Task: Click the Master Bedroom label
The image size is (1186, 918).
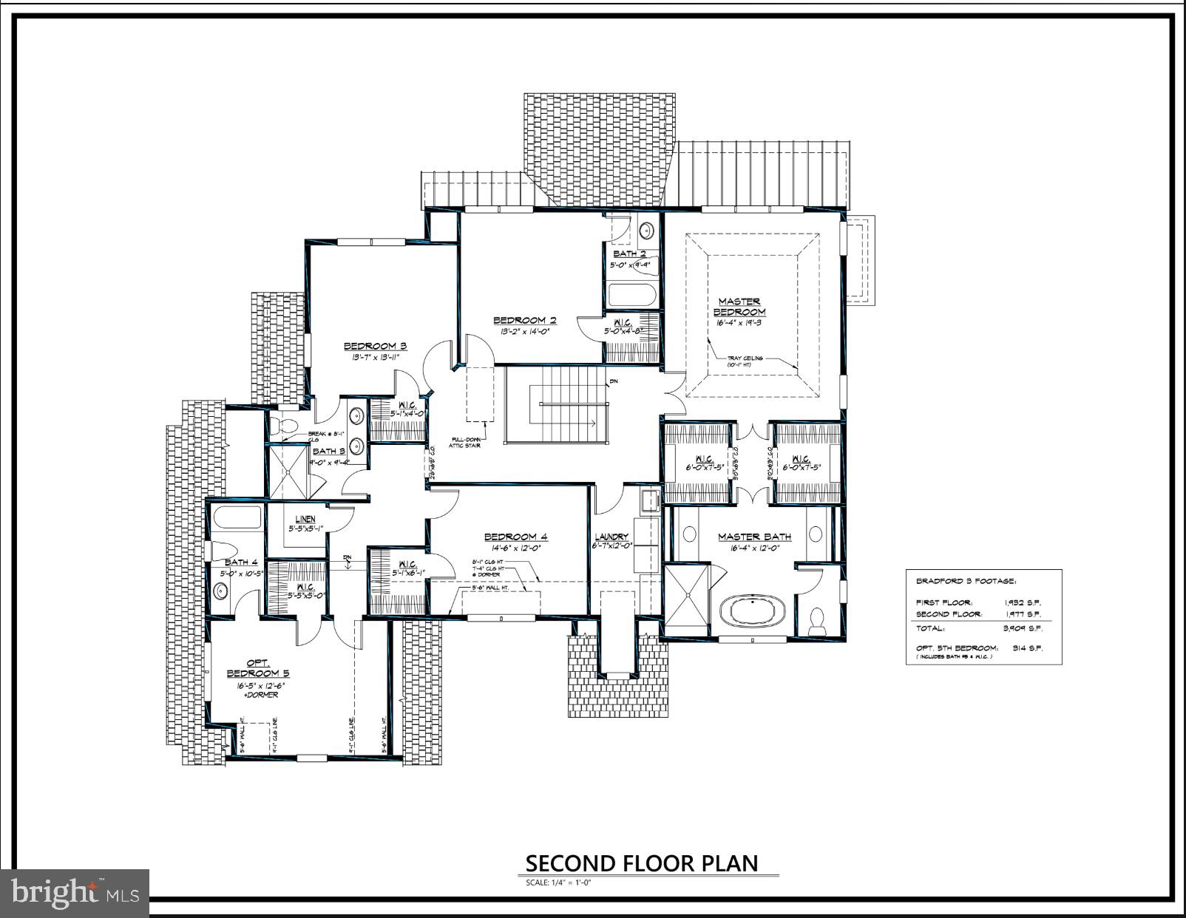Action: (x=739, y=306)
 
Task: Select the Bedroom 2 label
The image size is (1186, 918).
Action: (x=525, y=320)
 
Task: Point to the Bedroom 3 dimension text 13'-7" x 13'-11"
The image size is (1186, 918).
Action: (x=375, y=358)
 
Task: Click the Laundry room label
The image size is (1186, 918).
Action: (x=611, y=537)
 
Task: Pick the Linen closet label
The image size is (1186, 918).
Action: (x=305, y=520)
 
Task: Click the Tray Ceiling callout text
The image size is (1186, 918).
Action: (x=745, y=358)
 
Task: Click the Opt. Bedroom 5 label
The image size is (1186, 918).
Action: (x=258, y=667)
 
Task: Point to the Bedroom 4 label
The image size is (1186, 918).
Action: (x=515, y=537)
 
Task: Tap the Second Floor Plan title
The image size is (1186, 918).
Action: (x=641, y=863)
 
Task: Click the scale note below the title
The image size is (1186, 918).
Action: (x=558, y=883)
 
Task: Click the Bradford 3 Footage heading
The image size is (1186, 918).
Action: (x=966, y=581)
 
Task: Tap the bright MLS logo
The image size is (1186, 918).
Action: (x=75, y=893)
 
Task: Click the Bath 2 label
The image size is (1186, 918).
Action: (x=629, y=254)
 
